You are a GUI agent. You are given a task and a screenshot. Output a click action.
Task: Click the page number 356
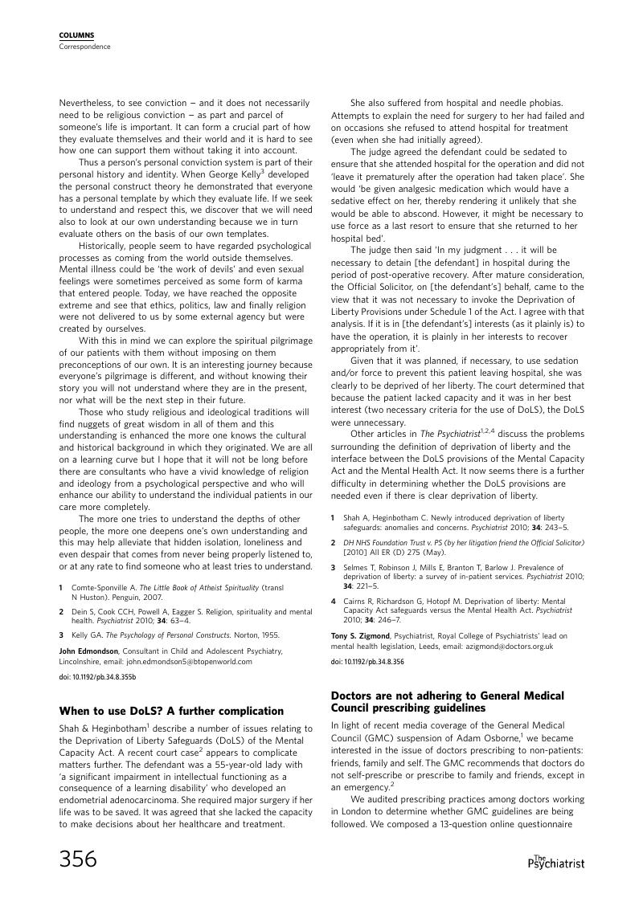pyautogui.click(x=78, y=859)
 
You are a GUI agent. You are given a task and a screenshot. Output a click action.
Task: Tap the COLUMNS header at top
pyautogui.click(x=76, y=35)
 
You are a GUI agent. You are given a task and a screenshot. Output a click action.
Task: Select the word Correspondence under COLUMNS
pyautogui.click(x=84, y=47)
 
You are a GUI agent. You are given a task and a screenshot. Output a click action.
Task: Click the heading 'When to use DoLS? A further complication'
pyautogui.click(x=171, y=711)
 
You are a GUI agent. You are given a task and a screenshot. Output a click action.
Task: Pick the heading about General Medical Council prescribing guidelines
pyautogui.click(x=448, y=701)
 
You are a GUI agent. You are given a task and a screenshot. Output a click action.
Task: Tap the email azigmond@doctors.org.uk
pyautogui.click(x=502, y=646)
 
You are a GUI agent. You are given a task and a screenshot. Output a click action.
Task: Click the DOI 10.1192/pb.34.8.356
pyautogui.click(x=367, y=662)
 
